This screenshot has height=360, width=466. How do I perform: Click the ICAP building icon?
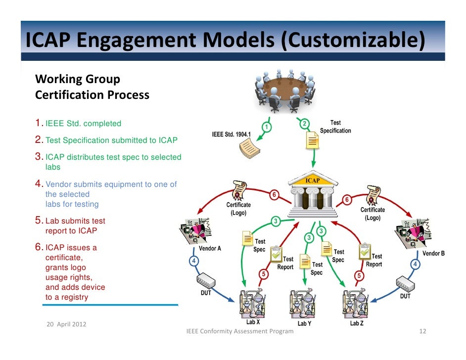coord(313,194)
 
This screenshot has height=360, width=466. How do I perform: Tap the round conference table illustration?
coord(283,90)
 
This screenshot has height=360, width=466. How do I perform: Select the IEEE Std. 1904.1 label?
coord(231,135)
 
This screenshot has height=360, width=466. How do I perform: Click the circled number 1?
coord(267,128)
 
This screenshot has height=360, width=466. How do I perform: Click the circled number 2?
coord(305,124)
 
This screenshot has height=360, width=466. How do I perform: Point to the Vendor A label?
coord(210,248)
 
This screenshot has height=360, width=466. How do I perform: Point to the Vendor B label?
coord(433,253)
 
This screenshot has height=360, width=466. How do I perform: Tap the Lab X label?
coord(252,322)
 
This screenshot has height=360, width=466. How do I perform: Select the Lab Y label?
coord(304,323)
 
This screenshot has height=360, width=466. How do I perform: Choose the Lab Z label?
coord(356,323)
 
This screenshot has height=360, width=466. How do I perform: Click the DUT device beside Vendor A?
coord(205,282)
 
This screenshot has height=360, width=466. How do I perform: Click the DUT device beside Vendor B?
coord(405,284)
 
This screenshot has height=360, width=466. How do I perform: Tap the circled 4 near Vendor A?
coord(194,260)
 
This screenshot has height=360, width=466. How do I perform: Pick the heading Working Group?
coord(78,79)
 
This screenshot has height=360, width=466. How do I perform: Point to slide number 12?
coord(422,331)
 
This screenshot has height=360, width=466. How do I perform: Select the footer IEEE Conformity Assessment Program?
coord(239,331)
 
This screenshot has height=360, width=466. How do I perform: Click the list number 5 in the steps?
coord(39,221)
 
